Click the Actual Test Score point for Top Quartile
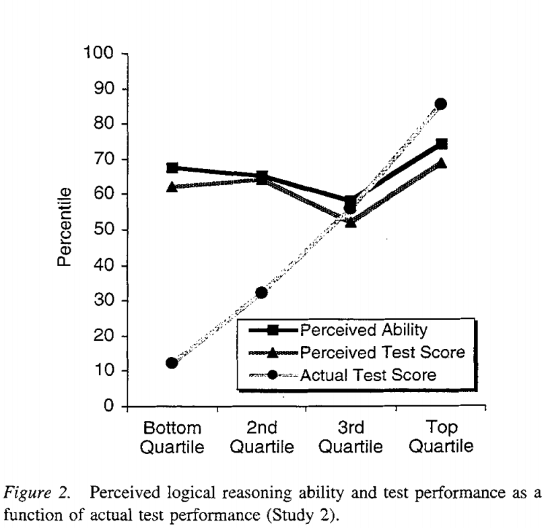pyautogui.click(x=441, y=104)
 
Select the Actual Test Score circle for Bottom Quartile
pyautogui.click(x=172, y=362)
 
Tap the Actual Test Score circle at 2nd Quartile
pyautogui.click(x=261, y=292)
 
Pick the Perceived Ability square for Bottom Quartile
pyautogui.click(x=172, y=168)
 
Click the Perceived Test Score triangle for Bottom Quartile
pyautogui.click(x=172, y=187)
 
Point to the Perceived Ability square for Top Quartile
pyautogui.click(x=441, y=144)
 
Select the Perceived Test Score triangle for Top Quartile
pyautogui.click(x=441, y=163)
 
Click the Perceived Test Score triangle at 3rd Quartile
pyautogui.click(x=351, y=222)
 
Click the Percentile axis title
pyautogui.click(x=65, y=229)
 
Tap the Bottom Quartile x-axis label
pyautogui.click(x=172, y=437)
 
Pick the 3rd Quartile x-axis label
pyautogui.click(x=351, y=437)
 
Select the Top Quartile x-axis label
pyautogui.click(x=441, y=437)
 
